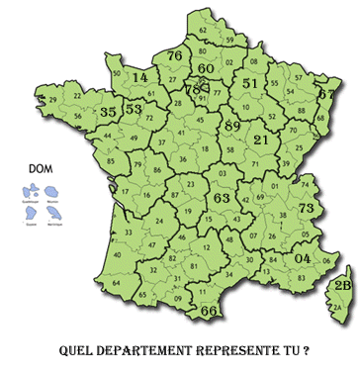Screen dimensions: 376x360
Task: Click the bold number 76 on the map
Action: (174, 56)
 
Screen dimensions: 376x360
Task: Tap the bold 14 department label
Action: (140, 77)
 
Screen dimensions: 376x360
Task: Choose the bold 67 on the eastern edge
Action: (325, 94)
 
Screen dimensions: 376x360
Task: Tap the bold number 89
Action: (232, 126)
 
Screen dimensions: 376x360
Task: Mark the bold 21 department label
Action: (261, 141)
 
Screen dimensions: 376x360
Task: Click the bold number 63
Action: (222, 199)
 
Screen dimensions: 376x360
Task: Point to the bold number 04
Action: (303, 259)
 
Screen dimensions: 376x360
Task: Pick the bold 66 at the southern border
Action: (209, 311)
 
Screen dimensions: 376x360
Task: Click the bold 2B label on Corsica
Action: (343, 286)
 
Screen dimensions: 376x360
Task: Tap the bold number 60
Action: (206, 69)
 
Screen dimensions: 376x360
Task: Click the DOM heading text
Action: (41, 167)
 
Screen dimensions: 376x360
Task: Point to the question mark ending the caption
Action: (307, 350)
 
